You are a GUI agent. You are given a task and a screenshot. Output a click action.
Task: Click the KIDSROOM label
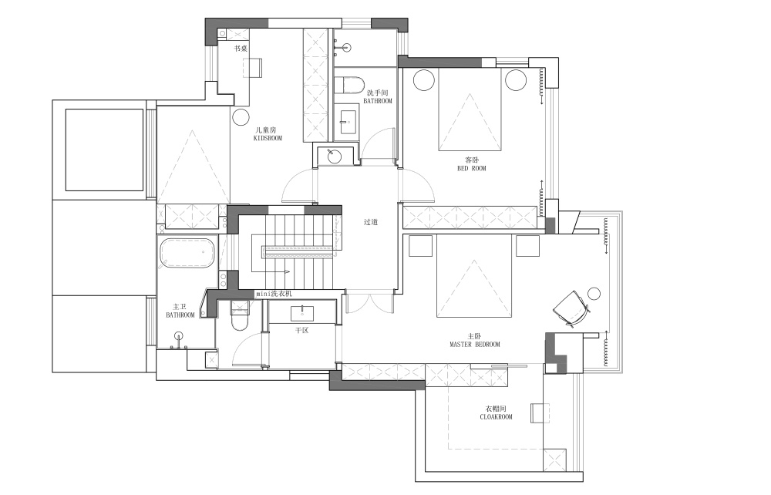click(x=268, y=138)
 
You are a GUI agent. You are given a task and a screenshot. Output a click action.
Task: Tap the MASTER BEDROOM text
click(x=474, y=345)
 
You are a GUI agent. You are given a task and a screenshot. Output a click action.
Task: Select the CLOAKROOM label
click(x=496, y=417)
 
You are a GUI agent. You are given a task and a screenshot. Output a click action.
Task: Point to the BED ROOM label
click(x=472, y=168)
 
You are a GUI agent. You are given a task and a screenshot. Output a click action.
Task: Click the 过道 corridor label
click(x=371, y=222)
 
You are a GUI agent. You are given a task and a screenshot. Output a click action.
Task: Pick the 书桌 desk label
click(x=241, y=49)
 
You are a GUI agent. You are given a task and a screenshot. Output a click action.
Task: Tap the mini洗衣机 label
click(x=274, y=294)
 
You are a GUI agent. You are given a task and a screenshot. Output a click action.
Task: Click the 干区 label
click(x=302, y=330)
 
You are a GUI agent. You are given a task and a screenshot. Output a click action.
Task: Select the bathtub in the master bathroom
click(x=187, y=253)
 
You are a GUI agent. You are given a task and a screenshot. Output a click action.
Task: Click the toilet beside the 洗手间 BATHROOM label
click(x=348, y=85)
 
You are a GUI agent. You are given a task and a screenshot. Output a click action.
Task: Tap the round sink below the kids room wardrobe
click(x=335, y=157)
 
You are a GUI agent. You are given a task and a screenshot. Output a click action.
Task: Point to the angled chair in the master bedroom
click(x=571, y=308)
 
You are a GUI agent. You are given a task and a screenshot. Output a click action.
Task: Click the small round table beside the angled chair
click(x=594, y=294)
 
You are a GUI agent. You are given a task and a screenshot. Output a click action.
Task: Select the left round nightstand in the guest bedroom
click(x=424, y=79)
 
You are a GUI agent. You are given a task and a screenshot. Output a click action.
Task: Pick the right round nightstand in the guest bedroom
click(x=516, y=79)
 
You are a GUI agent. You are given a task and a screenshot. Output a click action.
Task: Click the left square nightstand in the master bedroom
click(x=420, y=246)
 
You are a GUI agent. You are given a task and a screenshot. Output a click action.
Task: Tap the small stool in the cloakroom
click(x=540, y=413)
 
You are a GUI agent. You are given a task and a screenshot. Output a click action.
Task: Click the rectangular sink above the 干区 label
click(x=302, y=313)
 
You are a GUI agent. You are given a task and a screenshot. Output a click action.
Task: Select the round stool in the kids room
click(x=241, y=117)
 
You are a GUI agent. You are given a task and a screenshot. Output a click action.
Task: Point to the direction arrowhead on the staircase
click(x=285, y=271)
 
